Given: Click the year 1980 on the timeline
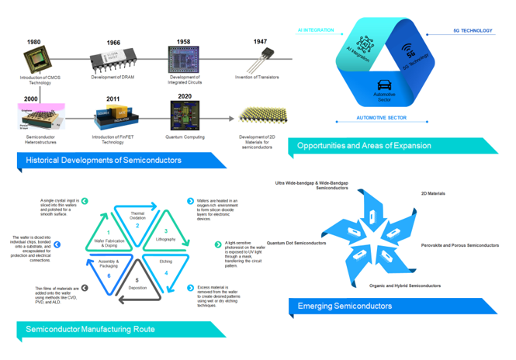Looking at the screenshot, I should (33, 42).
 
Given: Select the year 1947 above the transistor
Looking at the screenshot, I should (260, 42).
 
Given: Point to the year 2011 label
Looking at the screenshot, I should (113, 99).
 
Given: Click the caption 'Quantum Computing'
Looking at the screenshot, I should (185, 137).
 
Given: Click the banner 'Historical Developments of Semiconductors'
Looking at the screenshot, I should (104, 161).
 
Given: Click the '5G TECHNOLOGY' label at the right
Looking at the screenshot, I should (473, 31).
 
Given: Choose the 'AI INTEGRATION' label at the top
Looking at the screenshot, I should (316, 31).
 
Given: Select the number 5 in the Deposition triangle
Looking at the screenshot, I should (137, 280).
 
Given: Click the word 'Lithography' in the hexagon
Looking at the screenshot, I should (166, 240).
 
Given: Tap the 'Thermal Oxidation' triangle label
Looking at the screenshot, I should (137, 216).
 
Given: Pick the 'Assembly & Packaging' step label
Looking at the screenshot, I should (109, 263).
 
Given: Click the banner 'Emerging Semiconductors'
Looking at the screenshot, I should (346, 306).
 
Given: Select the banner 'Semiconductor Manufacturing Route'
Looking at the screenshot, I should (90, 329).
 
